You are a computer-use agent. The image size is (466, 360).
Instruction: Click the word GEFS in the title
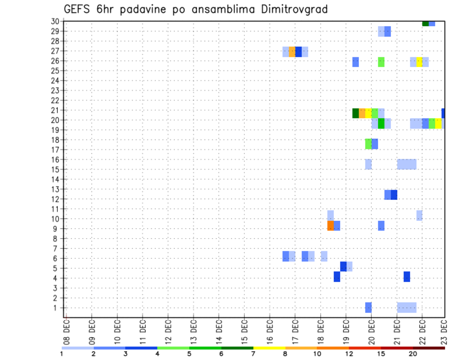[78, 9]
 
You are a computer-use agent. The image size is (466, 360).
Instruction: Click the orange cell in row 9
[331, 226]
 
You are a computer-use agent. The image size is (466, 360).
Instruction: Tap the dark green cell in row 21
[356, 113]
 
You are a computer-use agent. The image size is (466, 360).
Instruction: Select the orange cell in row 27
[292, 52]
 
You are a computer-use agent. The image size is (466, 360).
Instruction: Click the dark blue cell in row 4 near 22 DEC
[407, 277]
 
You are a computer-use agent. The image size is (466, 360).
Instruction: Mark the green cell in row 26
[381, 62]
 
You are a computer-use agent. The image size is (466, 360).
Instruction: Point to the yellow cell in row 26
[419, 62]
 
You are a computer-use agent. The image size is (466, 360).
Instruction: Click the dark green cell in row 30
[425, 23]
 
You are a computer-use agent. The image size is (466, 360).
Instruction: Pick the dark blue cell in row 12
[394, 195]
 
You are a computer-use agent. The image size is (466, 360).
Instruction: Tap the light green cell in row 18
[368, 144]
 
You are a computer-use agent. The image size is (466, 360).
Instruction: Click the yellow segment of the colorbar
[269, 348]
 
